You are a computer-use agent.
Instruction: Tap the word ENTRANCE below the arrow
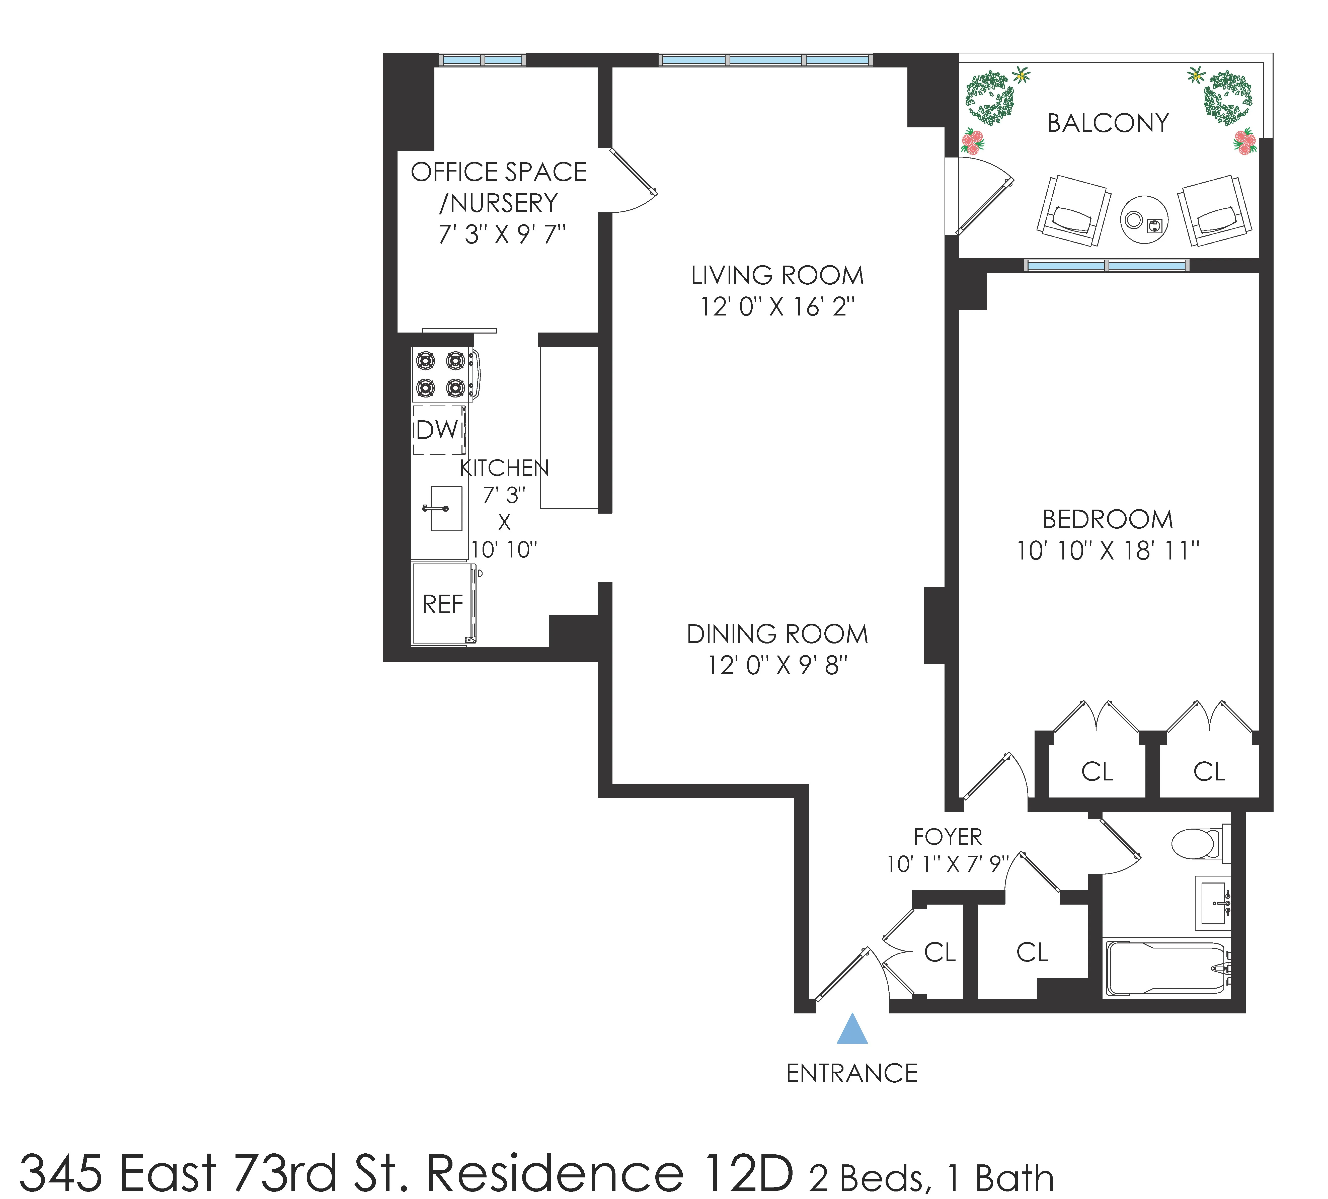[x=852, y=1074]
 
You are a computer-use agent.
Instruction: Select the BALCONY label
[x=1108, y=123]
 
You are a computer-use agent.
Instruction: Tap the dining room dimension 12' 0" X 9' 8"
[x=777, y=665]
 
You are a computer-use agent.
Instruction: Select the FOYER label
[x=947, y=837]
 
